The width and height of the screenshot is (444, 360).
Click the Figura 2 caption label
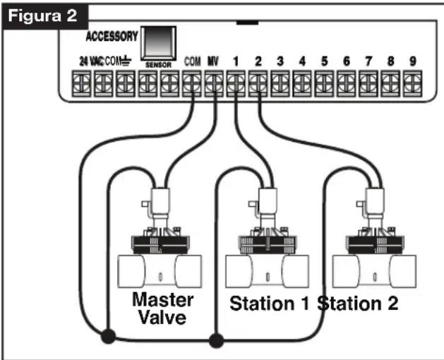coord(43,16)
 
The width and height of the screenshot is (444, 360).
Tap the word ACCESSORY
coord(112,36)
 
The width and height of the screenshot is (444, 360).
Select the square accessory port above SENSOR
coord(159,43)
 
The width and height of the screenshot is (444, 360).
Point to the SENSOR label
coord(158,65)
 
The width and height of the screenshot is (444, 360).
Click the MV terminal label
coord(213,61)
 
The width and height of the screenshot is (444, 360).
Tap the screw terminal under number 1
coord(236,83)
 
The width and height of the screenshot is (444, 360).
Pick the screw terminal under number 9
coord(412,83)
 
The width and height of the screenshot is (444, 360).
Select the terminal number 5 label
coord(325,61)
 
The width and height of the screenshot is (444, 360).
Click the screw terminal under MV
coord(214,83)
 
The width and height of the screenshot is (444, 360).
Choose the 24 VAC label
coord(92,61)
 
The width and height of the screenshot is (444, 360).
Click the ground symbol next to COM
coord(126,61)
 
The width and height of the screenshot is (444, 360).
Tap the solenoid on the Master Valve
coord(160,201)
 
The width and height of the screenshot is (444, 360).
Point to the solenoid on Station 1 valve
coord(268,201)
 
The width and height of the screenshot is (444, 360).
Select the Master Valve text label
coord(163,308)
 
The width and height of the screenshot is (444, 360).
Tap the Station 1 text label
coord(269,304)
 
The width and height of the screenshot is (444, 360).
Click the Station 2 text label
coord(358,304)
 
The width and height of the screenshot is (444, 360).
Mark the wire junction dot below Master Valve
coord(108,336)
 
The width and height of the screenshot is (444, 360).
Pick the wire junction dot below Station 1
coord(216,340)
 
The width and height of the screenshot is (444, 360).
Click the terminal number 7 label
coord(368,61)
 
